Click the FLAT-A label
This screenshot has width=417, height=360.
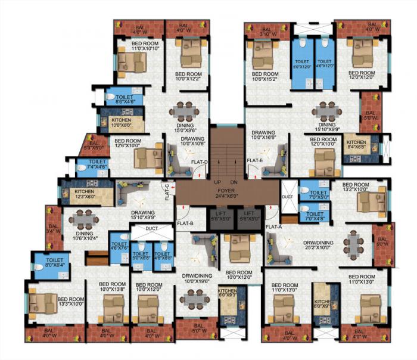273,227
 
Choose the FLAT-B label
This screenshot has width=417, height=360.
185,224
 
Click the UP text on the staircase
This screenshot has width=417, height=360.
217,182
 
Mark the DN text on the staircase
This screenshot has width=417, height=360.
234,182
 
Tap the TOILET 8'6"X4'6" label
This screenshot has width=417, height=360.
125,99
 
